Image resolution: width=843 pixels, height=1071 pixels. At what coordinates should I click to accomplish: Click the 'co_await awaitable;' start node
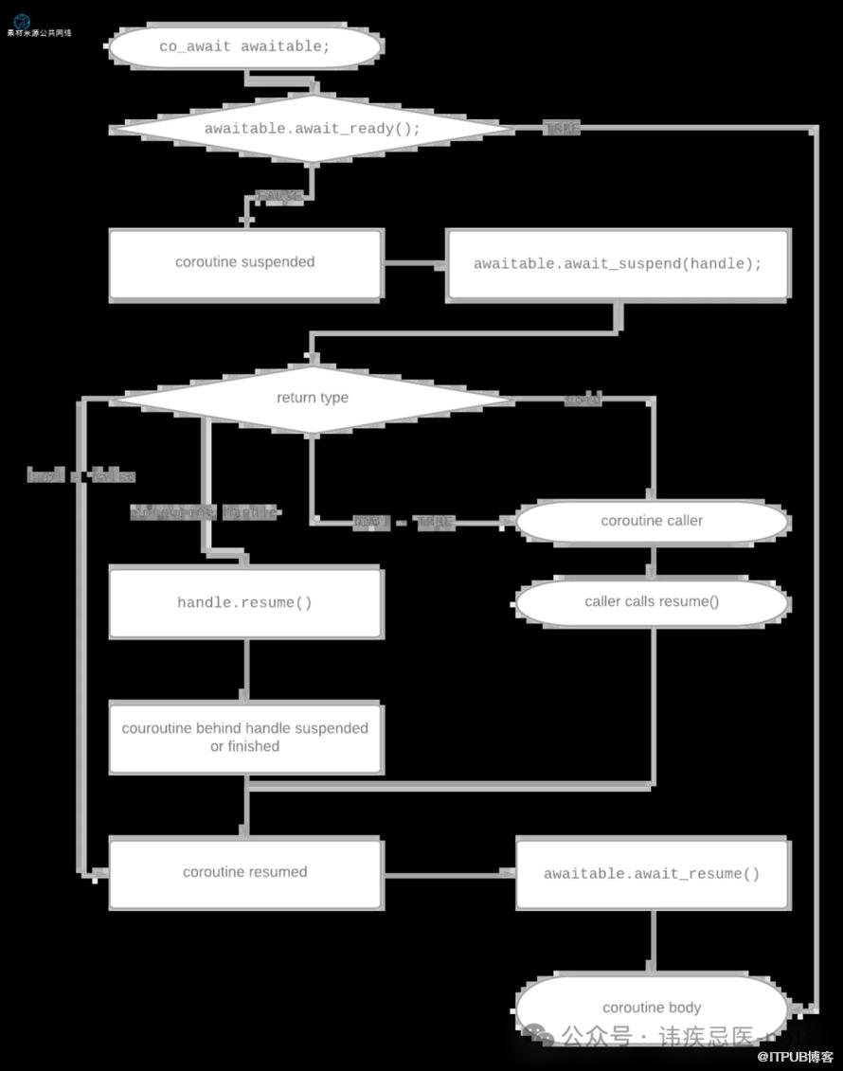tap(245, 47)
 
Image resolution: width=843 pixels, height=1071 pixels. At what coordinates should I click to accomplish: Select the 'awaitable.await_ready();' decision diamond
tap(313, 128)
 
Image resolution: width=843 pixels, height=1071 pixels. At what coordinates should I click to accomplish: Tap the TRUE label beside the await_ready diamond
tap(562, 128)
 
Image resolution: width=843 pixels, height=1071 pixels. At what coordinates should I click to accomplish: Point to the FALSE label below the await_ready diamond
tap(279, 196)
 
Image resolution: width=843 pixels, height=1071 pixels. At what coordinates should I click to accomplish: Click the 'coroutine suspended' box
tap(245, 263)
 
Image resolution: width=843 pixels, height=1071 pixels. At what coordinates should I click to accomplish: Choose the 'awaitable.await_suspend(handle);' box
tap(618, 264)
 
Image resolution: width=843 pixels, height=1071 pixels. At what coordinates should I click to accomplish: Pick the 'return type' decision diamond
tap(313, 398)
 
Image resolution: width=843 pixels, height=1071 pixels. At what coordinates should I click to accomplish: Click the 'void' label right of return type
tap(583, 400)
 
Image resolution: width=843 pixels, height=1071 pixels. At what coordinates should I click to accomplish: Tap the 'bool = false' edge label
tap(81, 475)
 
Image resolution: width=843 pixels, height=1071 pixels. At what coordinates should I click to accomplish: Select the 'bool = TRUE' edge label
tap(404, 522)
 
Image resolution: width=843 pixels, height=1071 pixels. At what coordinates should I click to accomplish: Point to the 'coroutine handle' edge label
tap(204, 512)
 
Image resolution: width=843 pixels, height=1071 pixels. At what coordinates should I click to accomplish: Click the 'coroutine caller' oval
tap(652, 521)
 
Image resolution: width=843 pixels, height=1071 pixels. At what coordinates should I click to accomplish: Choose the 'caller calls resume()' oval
tap(652, 602)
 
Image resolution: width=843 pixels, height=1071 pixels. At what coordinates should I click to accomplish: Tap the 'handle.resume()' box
tap(245, 603)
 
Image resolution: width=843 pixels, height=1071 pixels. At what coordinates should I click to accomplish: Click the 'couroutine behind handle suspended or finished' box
tap(245, 738)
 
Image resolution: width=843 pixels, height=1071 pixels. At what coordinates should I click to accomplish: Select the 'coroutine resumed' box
tap(245, 872)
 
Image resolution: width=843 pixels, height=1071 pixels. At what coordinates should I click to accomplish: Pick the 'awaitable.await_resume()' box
tap(652, 873)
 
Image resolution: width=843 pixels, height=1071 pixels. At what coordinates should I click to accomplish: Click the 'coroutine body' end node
tap(652, 1008)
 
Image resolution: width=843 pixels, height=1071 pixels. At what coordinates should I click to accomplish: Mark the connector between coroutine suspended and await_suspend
tap(415, 264)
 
